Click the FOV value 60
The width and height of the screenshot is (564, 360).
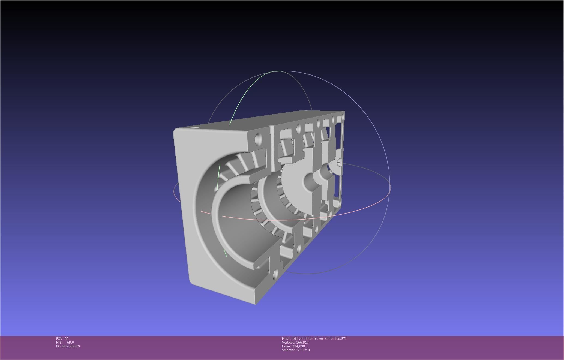pos(67,339)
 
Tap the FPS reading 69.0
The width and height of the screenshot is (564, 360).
pos(70,343)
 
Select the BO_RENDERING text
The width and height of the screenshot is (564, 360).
pos(68,346)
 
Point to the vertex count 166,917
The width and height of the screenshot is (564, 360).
pos(302,343)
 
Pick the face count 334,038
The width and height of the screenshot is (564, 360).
pos(298,346)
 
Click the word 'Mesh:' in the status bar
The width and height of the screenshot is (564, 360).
pos(286,339)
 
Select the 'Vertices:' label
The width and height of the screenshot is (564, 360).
pos(288,343)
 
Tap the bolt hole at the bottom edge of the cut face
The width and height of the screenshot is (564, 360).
pos(275,273)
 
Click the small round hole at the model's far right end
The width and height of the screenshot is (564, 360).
pos(339,163)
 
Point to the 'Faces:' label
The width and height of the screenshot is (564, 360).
pos(286,346)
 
